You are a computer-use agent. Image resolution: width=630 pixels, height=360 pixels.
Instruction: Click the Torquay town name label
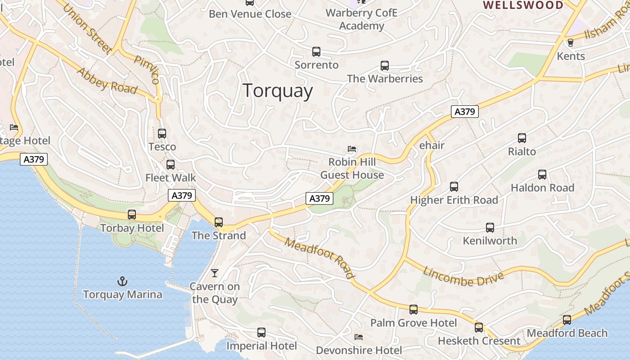278,91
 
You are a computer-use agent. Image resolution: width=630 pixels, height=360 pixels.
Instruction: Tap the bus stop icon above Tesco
162,134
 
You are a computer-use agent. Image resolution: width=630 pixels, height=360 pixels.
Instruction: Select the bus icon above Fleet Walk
171,165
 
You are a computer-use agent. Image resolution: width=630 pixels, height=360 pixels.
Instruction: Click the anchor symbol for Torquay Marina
122,282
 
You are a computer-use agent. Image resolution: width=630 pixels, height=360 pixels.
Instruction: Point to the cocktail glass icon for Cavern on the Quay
215,273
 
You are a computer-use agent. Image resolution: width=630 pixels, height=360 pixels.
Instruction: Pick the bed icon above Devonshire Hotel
359,337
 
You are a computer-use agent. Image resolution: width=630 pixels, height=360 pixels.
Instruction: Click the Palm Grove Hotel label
413,323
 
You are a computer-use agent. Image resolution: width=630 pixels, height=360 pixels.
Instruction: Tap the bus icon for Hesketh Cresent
479,328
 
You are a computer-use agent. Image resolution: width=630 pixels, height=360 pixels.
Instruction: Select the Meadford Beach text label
567,333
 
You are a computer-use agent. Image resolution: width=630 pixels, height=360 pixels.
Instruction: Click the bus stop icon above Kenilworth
490,228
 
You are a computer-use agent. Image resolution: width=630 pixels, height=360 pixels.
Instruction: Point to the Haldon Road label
542,188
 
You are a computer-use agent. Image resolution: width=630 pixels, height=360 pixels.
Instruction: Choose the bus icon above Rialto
522,138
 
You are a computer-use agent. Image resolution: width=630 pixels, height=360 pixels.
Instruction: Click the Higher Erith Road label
454,200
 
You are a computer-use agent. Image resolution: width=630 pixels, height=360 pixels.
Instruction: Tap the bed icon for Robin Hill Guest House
352,149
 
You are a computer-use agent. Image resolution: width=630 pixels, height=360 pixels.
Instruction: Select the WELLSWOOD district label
523,5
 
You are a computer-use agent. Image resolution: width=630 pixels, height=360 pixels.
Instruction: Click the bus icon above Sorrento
316,52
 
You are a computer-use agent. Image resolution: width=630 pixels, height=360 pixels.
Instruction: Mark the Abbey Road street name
107,81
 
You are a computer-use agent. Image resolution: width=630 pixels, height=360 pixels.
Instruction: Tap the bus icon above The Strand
219,222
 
